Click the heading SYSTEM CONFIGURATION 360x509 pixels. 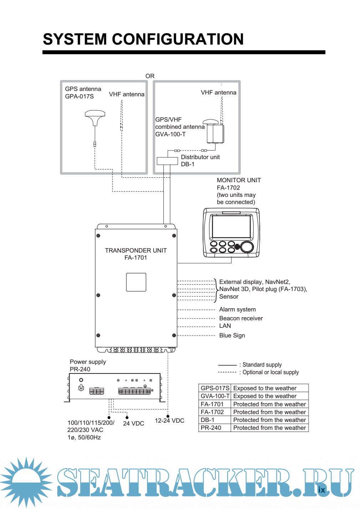143,39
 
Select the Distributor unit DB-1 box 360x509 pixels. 167,161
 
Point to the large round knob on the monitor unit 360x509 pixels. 247,247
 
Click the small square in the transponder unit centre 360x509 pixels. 136,282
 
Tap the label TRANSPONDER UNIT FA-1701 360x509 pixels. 136,254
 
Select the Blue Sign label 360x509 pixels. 232,335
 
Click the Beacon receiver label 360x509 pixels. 241,318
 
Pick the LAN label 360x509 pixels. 225,326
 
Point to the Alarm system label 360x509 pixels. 237,309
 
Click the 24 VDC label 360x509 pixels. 133,423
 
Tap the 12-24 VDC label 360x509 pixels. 169,421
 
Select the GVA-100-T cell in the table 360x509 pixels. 215,396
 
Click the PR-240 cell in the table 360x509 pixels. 211,428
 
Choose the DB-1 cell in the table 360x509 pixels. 208,420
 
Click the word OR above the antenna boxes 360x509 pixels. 150,76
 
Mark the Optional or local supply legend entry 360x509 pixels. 270,372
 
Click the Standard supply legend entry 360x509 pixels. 262,365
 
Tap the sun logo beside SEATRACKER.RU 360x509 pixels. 26,482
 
